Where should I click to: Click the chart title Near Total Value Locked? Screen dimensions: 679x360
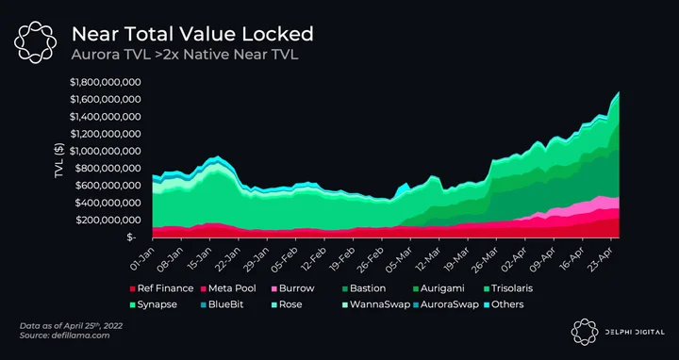pos(192,34)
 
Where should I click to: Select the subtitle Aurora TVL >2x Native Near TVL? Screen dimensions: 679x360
pos(185,55)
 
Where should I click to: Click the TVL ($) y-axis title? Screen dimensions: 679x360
pos(59,159)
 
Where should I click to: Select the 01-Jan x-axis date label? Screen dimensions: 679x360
pos(141,257)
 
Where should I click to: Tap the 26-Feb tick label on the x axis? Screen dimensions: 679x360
pos(371,257)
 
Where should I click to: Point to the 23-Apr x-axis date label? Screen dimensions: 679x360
pos(600,257)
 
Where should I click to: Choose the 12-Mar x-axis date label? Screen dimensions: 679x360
pos(428,257)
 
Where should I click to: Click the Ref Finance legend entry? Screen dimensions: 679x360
pos(161,288)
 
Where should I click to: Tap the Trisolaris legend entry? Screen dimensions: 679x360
pos(508,288)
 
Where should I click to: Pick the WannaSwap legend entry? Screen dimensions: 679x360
pos(376,304)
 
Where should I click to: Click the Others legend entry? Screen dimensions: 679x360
pos(504,304)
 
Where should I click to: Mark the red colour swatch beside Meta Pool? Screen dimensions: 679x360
pos(204,288)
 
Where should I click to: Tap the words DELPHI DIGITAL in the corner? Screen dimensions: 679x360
pos(635,333)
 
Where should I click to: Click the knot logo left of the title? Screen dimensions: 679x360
pos(35,42)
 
